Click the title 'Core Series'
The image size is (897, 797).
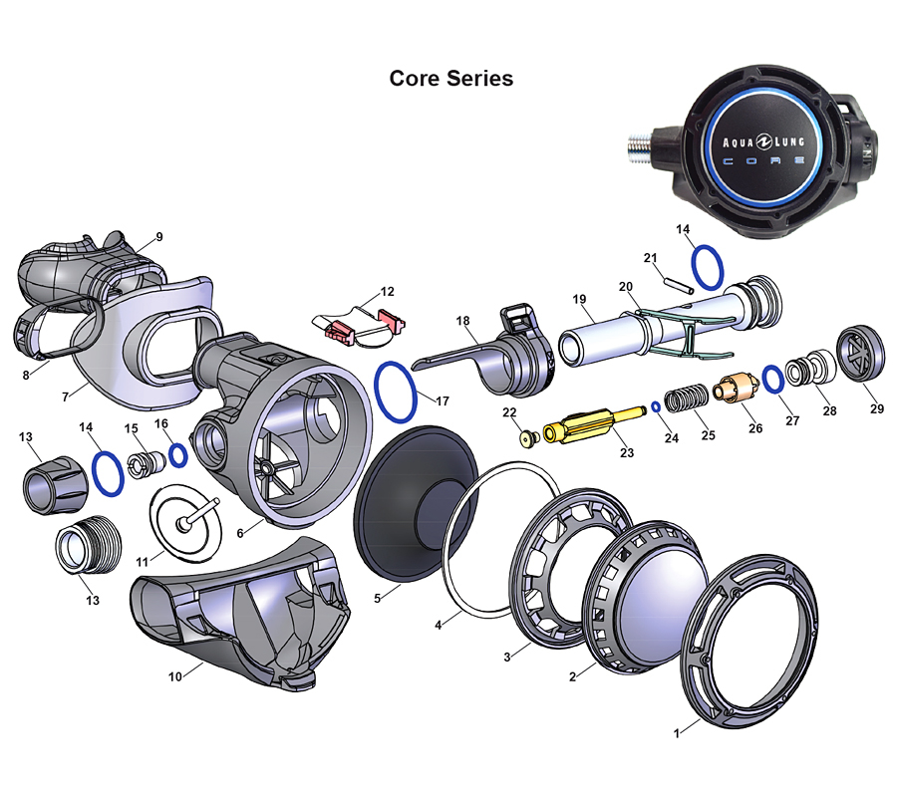pyautogui.click(x=451, y=78)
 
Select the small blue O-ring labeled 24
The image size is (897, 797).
pyautogui.click(x=656, y=405)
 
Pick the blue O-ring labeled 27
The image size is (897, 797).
pyautogui.click(x=772, y=378)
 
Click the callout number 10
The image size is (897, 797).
pyautogui.click(x=175, y=677)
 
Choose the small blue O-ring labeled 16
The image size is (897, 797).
pyautogui.click(x=178, y=455)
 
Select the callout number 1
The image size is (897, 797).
pyautogui.click(x=677, y=733)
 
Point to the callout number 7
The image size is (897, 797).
pyautogui.click(x=67, y=397)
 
